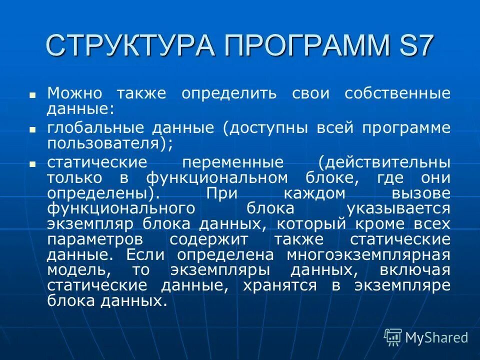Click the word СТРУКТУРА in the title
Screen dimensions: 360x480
click(130, 45)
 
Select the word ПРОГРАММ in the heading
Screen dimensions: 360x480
click(305, 45)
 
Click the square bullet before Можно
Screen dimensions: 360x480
click(32, 94)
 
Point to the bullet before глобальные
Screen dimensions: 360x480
click(32, 129)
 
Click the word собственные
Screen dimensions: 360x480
click(397, 93)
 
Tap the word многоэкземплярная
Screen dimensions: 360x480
click(368, 255)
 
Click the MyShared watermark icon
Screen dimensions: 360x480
click(393, 337)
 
